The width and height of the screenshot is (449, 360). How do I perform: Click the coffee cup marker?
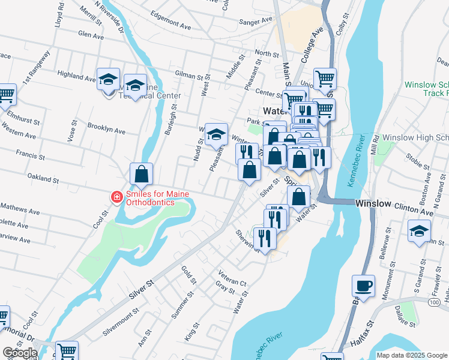(364, 286)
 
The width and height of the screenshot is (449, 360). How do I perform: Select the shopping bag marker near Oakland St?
(141, 175)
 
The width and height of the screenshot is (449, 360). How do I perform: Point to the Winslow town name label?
(372, 203)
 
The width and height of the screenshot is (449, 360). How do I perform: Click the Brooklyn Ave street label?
(106, 130)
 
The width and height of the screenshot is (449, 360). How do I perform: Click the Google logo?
(20, 353)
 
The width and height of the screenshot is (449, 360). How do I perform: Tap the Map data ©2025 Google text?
(411, 355)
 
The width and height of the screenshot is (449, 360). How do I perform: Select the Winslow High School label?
(415, 138)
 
